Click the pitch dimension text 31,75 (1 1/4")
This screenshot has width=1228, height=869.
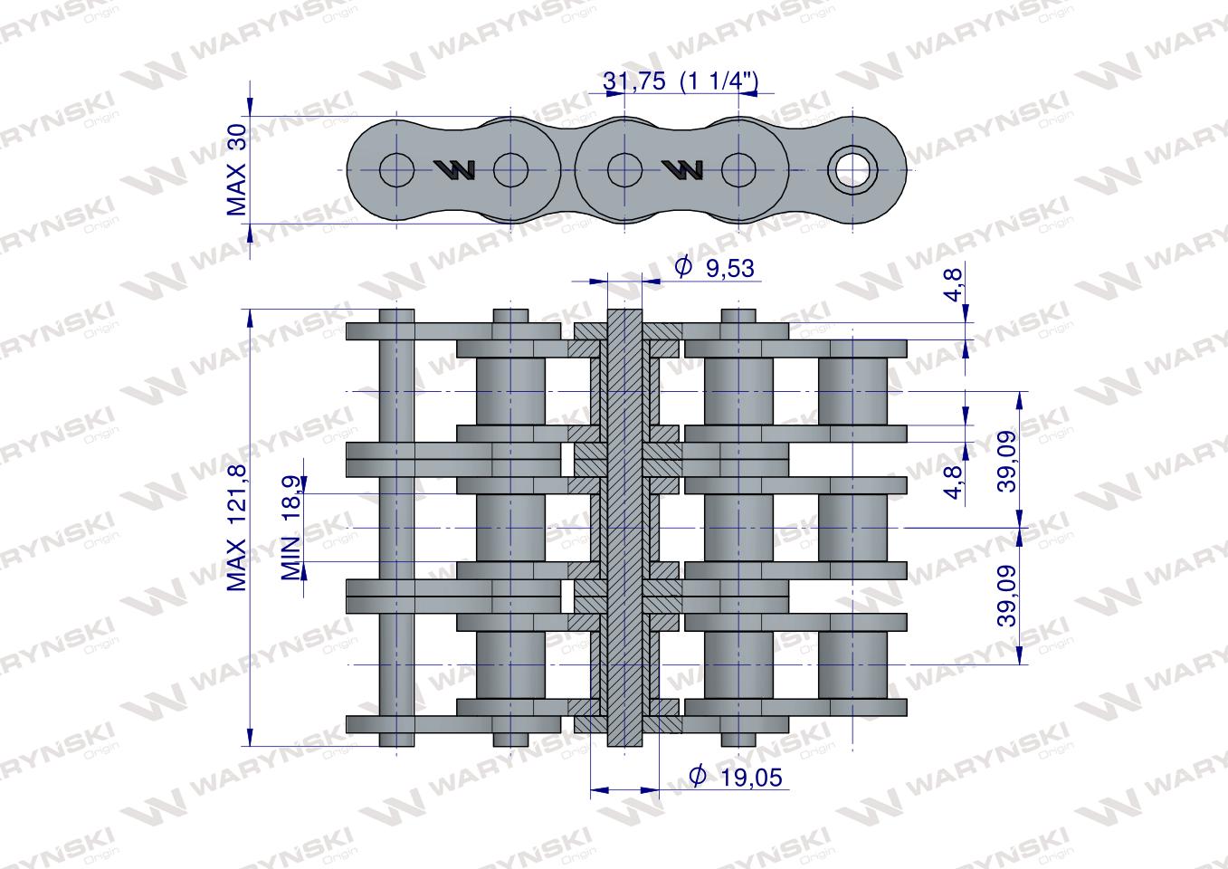click(681, 81)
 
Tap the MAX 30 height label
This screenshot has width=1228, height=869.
click(237, 170)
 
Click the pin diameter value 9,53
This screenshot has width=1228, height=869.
click(729, 269)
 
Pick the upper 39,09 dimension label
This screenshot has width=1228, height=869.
click(1007, 462)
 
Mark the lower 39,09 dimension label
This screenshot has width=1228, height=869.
click(1007, 596)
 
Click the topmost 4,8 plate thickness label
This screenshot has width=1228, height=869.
click(955, 285)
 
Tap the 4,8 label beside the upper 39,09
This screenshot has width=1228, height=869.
click(955, 482)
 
